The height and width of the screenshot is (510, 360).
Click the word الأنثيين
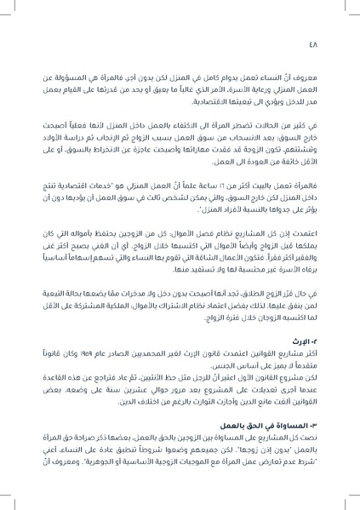(170, 380)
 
